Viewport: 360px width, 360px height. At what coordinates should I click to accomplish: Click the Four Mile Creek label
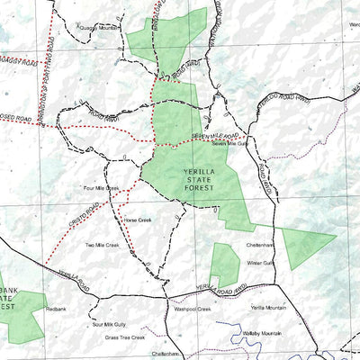[x=101, y=188]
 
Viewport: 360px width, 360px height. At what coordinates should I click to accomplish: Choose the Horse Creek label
[x=138, y=220]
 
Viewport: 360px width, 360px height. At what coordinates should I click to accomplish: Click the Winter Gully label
[x=260, y=263]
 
